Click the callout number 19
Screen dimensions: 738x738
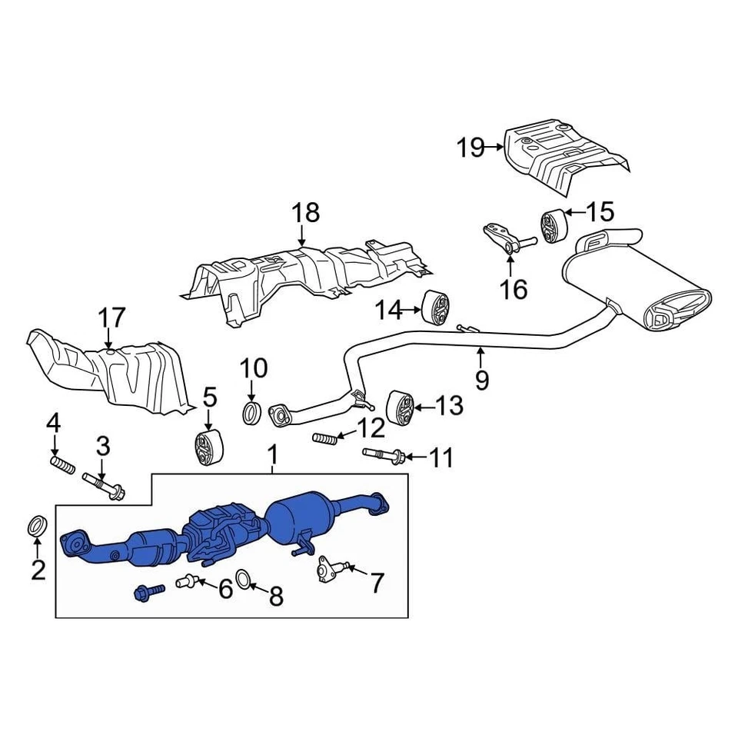[471, 147]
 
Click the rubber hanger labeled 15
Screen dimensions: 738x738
[553, 224]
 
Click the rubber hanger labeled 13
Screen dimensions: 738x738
[399, 407]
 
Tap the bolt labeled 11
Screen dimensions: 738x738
[382, 456]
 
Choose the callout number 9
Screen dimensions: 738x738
[481, 381]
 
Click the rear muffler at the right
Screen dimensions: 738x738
[638, 288]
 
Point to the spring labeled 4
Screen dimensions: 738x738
[61, 465]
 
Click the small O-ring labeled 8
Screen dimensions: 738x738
[243, 579]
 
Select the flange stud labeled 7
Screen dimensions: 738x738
[328, 571]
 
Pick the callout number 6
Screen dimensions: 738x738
[224, 590]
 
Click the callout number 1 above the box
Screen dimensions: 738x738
[271, 456]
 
